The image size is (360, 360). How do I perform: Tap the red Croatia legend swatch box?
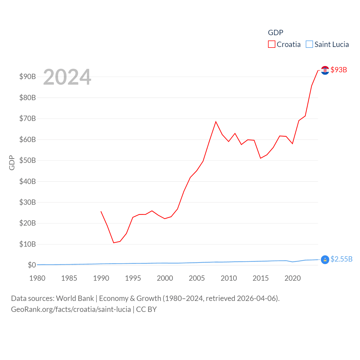[271, 44]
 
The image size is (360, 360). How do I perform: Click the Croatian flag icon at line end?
[325, 70]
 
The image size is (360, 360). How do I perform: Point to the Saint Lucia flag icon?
[325, 260]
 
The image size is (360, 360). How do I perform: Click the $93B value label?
[339, 70]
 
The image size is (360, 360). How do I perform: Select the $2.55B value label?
[341, 259]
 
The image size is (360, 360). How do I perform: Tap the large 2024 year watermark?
[67, 77]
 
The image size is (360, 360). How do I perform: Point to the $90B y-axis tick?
[28, 76]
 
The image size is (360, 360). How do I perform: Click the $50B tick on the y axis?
[28, 160]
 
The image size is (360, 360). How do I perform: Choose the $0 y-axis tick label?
[32, 265]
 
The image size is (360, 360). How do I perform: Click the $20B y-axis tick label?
[28, 223]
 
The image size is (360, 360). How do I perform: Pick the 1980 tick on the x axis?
[37, 278]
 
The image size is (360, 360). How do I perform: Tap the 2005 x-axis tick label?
[197, 278]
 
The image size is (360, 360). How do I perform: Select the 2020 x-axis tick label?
[292, 278]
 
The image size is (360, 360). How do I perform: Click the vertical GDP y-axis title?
[12, 163]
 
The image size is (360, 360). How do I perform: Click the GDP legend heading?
[275, 33]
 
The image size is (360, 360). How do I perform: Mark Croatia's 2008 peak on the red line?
[216, 121]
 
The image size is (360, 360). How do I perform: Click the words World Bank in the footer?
[75, 298]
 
